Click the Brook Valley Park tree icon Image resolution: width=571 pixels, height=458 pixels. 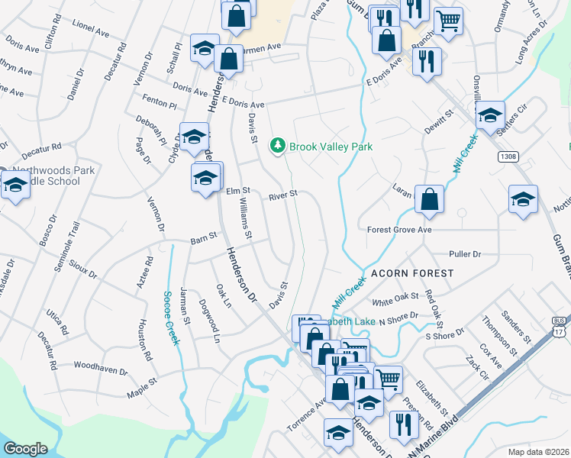[279, 144]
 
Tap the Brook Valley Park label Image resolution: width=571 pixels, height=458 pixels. [331, 145]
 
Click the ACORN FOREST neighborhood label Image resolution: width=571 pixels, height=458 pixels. [412, 273]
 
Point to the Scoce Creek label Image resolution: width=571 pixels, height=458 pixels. [171, 317]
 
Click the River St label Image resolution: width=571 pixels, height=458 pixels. [282, 196]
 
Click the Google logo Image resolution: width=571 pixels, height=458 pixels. [26, 449]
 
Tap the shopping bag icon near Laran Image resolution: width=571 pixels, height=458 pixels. [430, 199]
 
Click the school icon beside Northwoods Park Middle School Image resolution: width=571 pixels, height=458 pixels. [15, 185]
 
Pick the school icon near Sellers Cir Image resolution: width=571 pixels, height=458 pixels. [490, 115]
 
